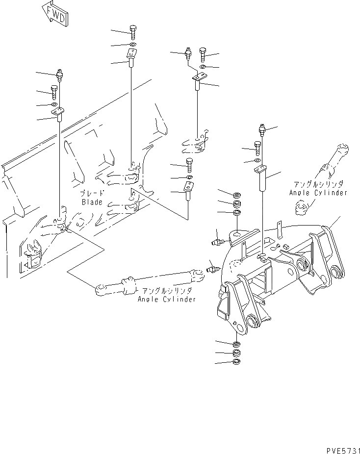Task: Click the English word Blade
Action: click(92, 202)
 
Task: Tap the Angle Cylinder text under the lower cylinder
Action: click(166, 299)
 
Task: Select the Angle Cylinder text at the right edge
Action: click(318, 193)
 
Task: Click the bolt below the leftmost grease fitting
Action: click(54, 91)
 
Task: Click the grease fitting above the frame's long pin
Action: click(263, 131)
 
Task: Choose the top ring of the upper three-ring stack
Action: click(236, 194)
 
